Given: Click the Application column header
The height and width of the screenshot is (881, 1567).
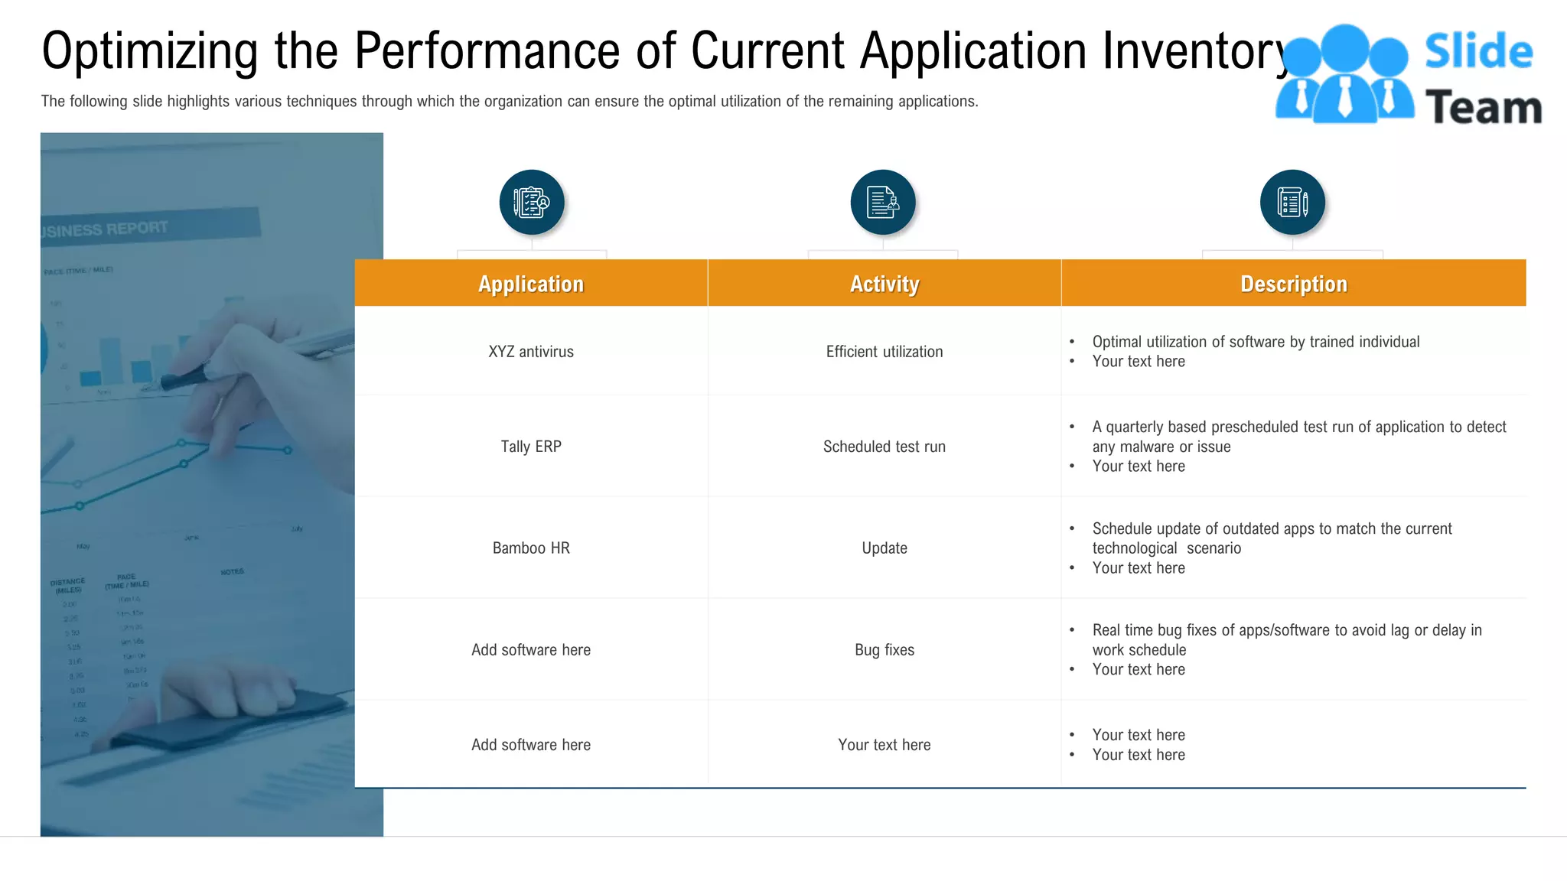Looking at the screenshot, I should (531, 284).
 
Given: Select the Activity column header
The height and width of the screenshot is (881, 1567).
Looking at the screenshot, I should (884, 284).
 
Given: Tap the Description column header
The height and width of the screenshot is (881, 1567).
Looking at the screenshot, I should (1293, 284).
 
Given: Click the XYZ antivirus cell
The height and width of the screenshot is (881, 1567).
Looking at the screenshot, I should (531, 352).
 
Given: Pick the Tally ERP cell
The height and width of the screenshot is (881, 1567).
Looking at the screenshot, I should (531, 447).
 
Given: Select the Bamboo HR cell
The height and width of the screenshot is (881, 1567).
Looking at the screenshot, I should (531, 548).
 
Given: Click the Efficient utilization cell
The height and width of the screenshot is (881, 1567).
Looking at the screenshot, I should (884, 352).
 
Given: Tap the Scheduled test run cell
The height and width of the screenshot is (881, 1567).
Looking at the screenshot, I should (884, 447).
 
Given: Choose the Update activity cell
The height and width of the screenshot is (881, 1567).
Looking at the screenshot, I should (884, 548).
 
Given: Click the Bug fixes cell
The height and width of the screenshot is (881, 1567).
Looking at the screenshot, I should (884, 650).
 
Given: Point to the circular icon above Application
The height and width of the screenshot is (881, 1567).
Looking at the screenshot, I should (532, 203).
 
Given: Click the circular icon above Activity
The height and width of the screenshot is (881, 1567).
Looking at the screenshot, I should (883, 203).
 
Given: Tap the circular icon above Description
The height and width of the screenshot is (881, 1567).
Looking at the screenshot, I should (1292, 203).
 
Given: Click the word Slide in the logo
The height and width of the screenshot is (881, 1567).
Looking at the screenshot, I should (1478, 52).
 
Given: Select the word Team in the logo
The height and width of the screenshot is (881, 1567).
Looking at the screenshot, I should (1483, 107).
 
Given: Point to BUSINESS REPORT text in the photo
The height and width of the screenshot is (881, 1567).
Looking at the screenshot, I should (107, 229).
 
